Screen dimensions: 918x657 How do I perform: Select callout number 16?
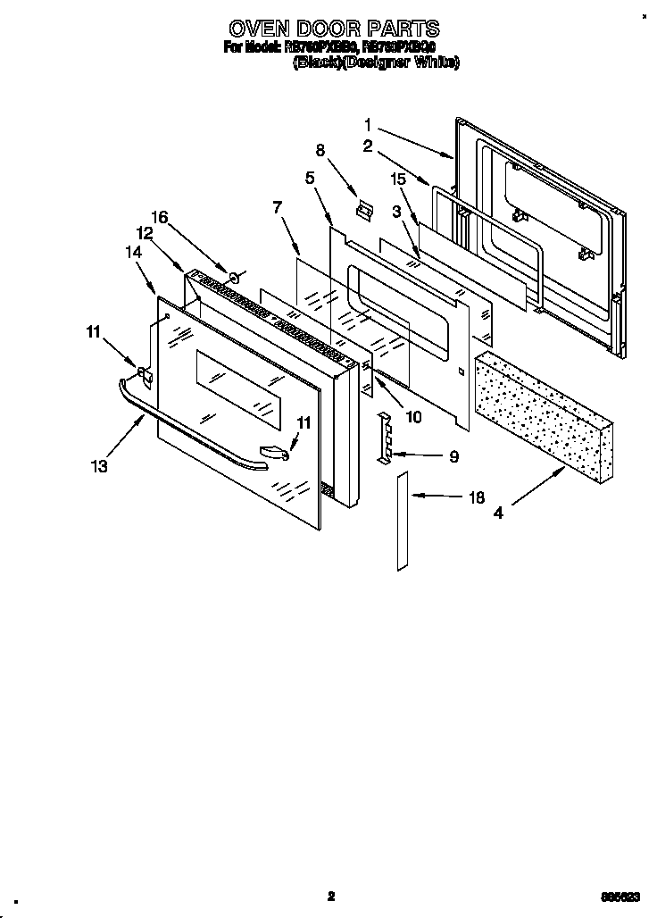(x=159, y=217)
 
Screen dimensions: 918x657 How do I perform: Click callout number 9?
(x=453, y=456)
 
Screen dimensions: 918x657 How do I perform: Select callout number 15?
(x=398, y=179)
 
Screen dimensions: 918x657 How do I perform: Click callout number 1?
(x=368, y=124)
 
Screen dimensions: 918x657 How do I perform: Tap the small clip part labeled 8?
(x=362, y=208)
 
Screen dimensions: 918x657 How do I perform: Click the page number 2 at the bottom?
(x=329, y=896)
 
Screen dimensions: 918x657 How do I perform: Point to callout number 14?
(x=133, y=253)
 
